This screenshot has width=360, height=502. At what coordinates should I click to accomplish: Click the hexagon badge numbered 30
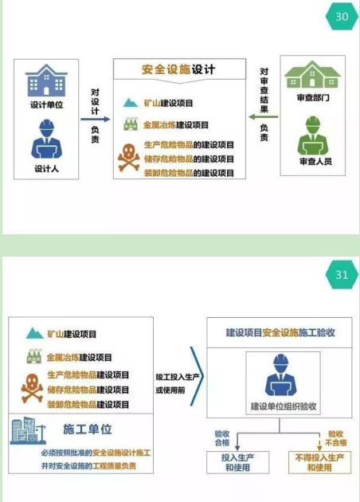click(x=342, y=17)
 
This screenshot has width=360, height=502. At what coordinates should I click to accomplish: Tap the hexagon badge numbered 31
click(x=342, y=275)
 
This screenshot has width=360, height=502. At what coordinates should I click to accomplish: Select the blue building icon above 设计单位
click(x=46, y=80)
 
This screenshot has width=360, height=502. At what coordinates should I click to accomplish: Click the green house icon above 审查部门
click(x=313, y=74)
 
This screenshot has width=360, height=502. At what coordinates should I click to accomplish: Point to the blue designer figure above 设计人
click(x=46, y=139)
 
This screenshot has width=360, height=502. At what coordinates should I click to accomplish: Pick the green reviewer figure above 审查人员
click(x=313, y=136)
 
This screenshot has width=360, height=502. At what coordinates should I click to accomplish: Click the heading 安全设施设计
click(x=178, y=69)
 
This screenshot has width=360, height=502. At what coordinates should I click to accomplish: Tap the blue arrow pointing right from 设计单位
click(x=96, y=120)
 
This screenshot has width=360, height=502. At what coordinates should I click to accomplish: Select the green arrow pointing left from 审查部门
click(x=264, y=117)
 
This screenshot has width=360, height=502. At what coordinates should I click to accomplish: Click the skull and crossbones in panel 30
click(x=129, y=158)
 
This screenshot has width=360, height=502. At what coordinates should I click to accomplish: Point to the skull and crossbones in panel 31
click(x=32, y=388)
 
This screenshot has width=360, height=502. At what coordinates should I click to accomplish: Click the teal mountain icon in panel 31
click(x=34, y=333)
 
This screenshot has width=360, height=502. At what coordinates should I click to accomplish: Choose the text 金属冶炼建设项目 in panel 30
click(x=176, y=125)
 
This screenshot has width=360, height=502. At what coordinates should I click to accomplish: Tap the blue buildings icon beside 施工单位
click(x=28, y=430)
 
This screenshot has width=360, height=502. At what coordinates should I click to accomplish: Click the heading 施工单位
click(x=88, y=429)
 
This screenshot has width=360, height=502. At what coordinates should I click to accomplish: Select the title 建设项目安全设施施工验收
click(x=280, y=332)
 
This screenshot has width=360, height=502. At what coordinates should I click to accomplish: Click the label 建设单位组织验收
click(x=284, y=406)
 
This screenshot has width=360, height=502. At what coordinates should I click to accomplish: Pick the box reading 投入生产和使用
click(x=238, y=462)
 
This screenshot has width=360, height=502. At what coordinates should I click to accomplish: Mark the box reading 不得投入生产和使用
click(x=319, y=462)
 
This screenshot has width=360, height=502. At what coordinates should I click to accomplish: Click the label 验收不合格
click(x=336, y=438)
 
